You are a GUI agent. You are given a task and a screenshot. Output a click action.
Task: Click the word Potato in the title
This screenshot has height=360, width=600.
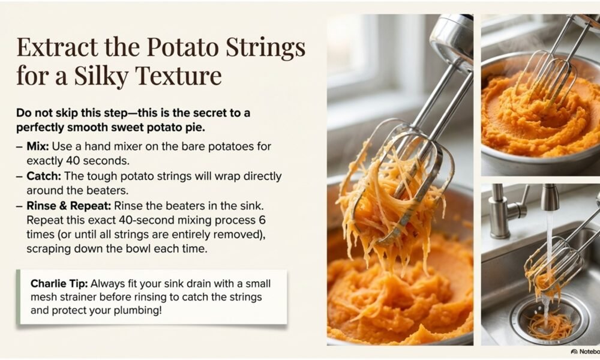point(182,47)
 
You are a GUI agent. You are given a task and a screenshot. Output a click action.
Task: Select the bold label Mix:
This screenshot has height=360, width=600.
point(37,146)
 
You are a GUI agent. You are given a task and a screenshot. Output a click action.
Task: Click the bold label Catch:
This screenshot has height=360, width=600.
point(44,176)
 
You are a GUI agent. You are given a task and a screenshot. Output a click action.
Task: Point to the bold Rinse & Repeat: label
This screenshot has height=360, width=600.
point(68,205)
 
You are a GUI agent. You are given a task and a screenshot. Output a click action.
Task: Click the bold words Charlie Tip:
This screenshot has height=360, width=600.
point(59,283)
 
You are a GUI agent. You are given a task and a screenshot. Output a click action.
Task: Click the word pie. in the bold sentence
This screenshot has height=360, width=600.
point(196,127)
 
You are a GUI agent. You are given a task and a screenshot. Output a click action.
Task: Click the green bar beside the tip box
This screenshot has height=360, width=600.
point(18,297)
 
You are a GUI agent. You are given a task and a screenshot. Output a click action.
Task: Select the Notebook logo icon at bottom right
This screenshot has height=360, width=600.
point(574,352)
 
